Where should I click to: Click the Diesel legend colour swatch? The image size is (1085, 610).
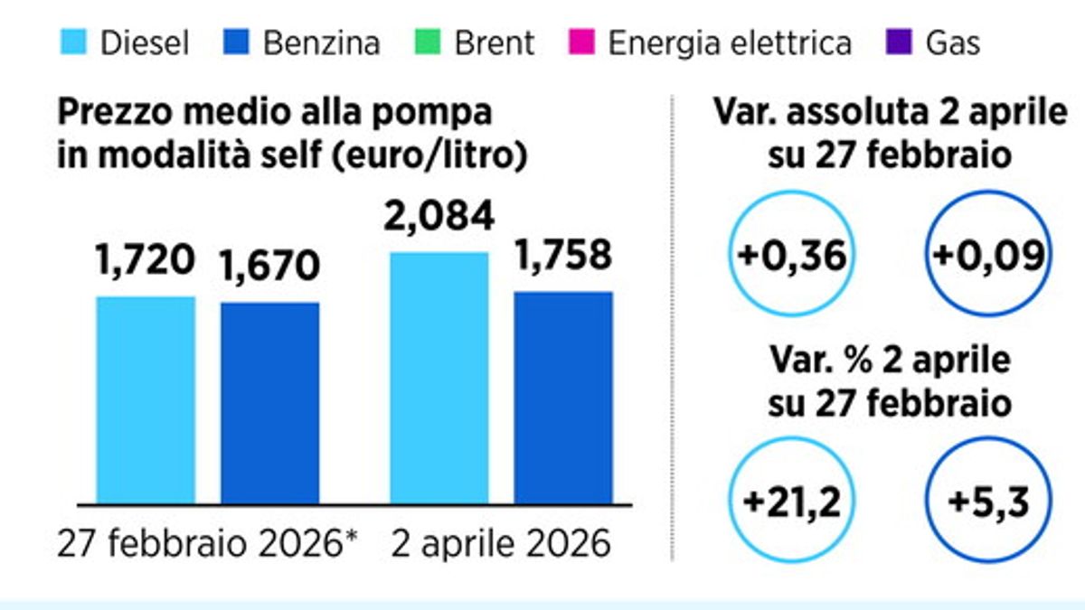[73, 42]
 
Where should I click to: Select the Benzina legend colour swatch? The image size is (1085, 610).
[235, 42]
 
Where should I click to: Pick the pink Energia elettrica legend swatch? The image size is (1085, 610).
[580, 42]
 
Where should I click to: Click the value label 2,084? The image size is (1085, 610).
[439, 217]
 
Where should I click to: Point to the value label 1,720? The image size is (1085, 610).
[146, 261]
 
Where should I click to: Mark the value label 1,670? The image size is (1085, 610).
[269, 266]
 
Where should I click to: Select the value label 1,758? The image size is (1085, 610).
[562, 256]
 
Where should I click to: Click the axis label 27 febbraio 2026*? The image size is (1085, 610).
[209, 544]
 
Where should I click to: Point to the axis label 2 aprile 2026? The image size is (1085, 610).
[500, 544]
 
